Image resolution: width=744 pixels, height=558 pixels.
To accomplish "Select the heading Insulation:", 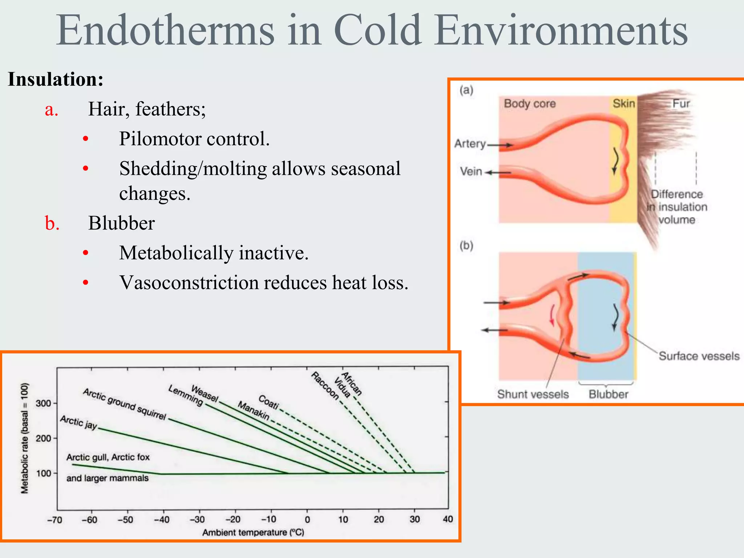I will click(x=56, y=79).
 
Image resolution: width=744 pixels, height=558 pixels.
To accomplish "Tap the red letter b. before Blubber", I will click(x=52, y=223).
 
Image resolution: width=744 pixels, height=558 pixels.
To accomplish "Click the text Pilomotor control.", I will click(x=194, y=139).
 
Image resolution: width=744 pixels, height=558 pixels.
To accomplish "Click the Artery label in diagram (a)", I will click(x=470, y=144).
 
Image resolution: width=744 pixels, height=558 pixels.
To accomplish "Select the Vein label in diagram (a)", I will click(x=471, y=171).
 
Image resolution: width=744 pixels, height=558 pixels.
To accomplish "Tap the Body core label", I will click(x=530, y=104).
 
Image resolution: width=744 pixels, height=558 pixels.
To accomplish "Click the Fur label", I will click(x=681, y=104).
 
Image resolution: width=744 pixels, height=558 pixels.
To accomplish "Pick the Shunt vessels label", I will click(x=533, y=394).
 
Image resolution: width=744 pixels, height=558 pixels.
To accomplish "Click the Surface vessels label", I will click(x=699, y=356).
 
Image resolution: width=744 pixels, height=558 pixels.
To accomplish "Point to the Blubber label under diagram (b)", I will click(x=608, y=394).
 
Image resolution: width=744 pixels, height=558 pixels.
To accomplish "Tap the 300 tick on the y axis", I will click(x=44, y=403).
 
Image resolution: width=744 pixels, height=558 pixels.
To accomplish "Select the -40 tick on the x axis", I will click(x=162, y=519).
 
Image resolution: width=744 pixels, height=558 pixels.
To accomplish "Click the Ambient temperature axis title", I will click(x=253, y=533).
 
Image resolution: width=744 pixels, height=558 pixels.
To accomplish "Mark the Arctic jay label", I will click(x=79, y=422).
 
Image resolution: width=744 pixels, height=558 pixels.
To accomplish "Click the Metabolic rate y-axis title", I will click(x=24, y=438).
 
